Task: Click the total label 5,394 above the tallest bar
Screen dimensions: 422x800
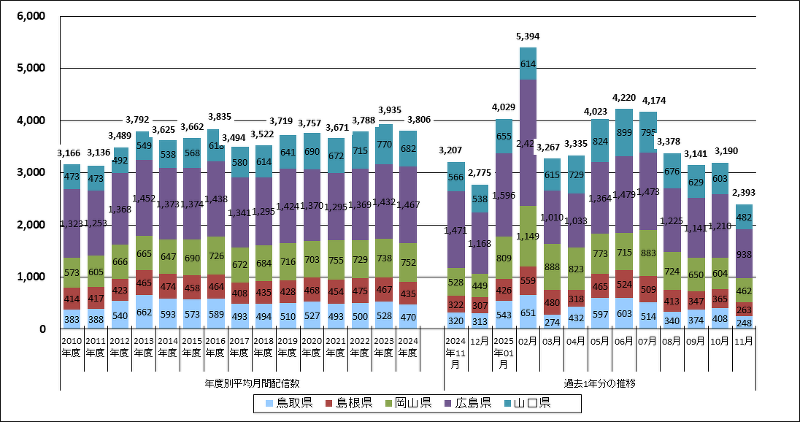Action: pos(528,36)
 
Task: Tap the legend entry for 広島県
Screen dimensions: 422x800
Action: pos(470,403)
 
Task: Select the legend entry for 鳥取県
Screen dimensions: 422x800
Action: pos(285,403)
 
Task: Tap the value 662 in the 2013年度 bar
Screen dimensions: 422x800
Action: pos(143,312)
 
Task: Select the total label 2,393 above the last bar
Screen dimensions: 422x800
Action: pos(744,193)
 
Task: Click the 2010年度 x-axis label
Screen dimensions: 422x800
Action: pos(71,347)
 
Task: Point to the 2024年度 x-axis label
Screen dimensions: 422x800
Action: pos(408,347)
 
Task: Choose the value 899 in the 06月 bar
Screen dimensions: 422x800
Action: pos(623,133)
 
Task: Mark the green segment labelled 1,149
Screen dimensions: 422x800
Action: pos(528,237)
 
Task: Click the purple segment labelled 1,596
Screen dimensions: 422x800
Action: pos(504,195)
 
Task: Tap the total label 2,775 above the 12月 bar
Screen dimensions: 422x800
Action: pos(480,172)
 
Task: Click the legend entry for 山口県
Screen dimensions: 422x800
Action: pos(531,403)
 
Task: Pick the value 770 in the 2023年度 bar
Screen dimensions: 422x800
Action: pos(384,145)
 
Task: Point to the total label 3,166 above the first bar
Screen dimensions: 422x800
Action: pos(71,153)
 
